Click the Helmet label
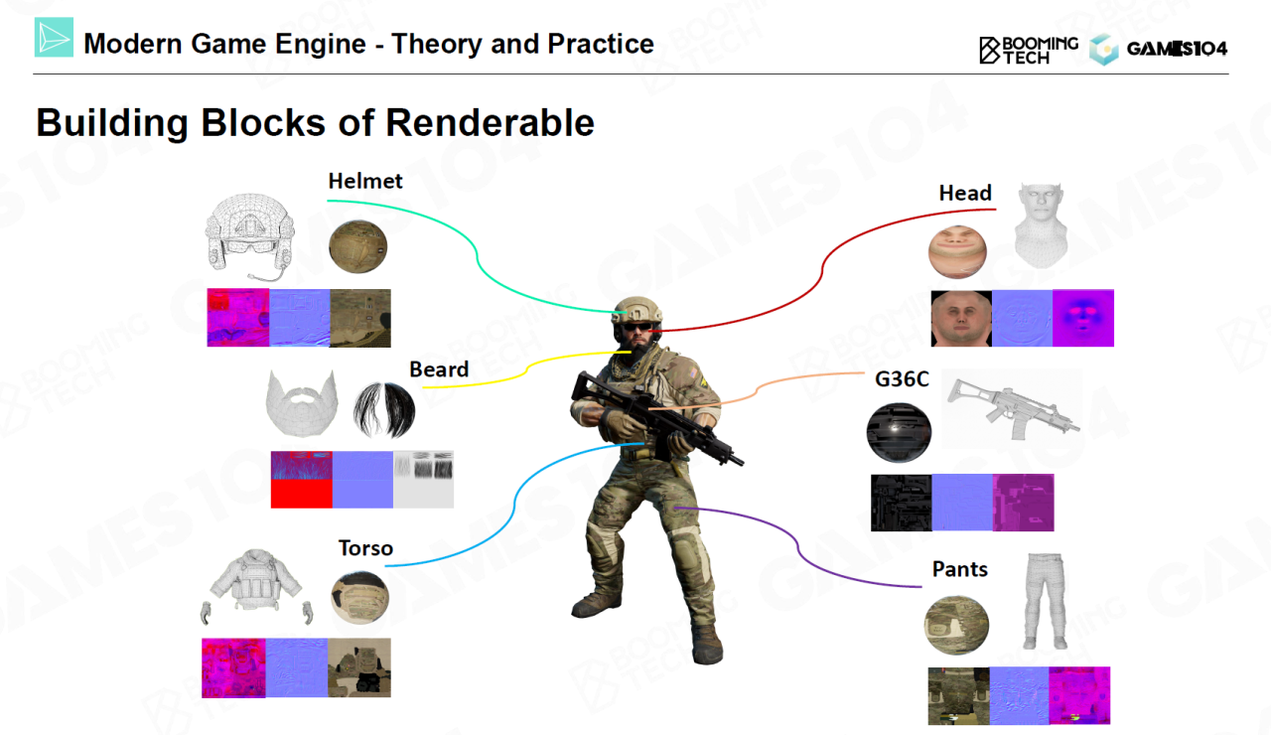click(364, 181)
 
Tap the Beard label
click(439, 369)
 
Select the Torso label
click(365, 548)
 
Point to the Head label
click(965, 193)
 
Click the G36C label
click(902, 379)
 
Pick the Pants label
click(959, 569)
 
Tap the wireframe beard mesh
click(302, 404)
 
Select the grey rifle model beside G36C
click(1012, 407)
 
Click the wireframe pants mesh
click(1045, 601)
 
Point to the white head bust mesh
click(1041, 225)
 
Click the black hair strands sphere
click(384, 410)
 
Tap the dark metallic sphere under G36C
click(899, 432)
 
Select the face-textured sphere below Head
click(957, 251)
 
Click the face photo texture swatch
click(961, 319)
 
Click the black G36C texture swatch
click(901, 503)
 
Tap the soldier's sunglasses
click(635, 327)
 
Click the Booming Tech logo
click(1028, 50)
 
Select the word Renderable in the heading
click(490, 122)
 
